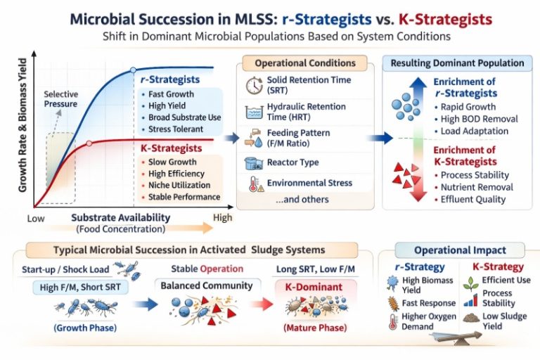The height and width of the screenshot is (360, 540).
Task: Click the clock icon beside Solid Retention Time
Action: click(x=254, y=86)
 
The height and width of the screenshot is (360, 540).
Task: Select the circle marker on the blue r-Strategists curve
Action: click(x=134, y=70)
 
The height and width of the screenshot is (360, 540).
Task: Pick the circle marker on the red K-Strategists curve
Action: click(x=89, y=143)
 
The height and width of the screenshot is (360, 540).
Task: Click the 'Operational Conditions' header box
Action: click(x=304, y=63)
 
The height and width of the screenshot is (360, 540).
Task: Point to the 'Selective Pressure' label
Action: click(x=61, y=99)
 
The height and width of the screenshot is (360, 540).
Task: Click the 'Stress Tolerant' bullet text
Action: click(x=176, y=129)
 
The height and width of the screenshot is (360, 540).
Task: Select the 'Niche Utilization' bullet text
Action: click(x=179, y=186)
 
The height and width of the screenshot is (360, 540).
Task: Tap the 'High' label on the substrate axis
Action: click(x=222, y=218)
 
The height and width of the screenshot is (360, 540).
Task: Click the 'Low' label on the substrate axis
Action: click(x=36, y=219)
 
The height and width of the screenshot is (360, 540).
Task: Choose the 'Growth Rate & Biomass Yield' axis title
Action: click(x=22, y=125)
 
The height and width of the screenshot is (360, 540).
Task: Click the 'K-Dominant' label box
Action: click(x=314, y=288)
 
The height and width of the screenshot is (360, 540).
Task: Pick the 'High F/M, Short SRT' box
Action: click(x=80, y=287)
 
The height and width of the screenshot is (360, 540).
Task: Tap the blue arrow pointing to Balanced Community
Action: click(x=145, y=304)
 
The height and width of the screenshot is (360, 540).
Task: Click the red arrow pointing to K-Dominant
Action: click(x=262, y=304)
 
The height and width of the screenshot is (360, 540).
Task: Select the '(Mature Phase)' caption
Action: click(x=315, y=328)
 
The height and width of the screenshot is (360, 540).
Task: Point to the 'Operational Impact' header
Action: click(x=460, y=250)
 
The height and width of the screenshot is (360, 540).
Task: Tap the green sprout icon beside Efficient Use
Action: click(x=471, y=283)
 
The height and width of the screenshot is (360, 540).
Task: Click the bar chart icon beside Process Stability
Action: click(x=471, y=300)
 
